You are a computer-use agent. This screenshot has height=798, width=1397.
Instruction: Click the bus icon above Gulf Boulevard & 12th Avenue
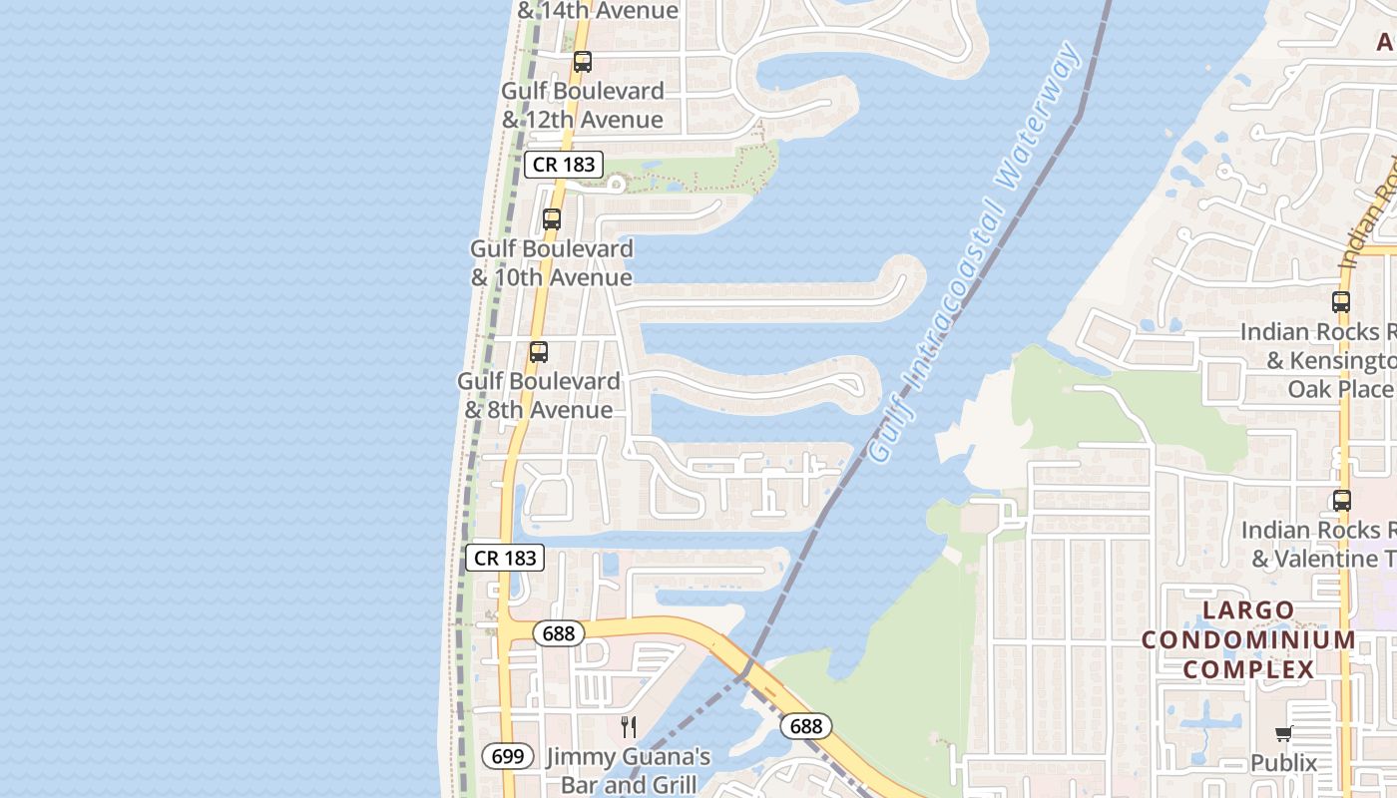[x=583, y=62]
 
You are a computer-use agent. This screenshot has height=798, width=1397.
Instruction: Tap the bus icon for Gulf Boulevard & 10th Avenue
[x=552, y=219]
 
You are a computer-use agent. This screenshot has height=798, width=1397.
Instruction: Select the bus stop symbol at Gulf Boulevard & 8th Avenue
[x=539, y=352]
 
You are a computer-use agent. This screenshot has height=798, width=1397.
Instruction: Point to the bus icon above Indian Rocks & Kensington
[x=1341, y=302]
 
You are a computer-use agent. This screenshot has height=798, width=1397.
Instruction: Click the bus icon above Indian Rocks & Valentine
[x=1342, y=501]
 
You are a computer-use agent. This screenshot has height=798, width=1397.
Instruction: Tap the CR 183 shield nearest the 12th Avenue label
[x=564, y=165]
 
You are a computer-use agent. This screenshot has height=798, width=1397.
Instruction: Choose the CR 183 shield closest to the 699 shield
[x=505, y=558]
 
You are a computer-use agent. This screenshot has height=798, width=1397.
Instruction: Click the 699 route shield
[x=508, y=756]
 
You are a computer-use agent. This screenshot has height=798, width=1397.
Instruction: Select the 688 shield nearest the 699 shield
[x=559, y=632]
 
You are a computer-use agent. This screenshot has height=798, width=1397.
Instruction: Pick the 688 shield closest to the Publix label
[x=806, y=726]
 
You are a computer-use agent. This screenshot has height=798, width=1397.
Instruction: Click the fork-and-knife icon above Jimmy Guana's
[x=629, y=726]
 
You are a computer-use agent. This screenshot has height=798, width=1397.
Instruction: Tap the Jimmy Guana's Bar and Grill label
[x=629, y=770]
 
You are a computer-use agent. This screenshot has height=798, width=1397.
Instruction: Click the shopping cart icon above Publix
[x=1283, y=734]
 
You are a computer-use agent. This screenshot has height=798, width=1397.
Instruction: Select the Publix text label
[x=1283, y=763]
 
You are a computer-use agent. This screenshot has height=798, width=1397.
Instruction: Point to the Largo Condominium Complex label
[x=1248, y=639]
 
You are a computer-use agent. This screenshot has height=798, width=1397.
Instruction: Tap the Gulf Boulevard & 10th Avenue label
[x=552, y=262]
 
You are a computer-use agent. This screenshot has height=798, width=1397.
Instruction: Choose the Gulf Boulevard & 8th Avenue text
[x=539, y=395]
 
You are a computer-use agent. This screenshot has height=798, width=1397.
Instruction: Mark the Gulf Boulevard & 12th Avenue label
[x=583, y=105]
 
